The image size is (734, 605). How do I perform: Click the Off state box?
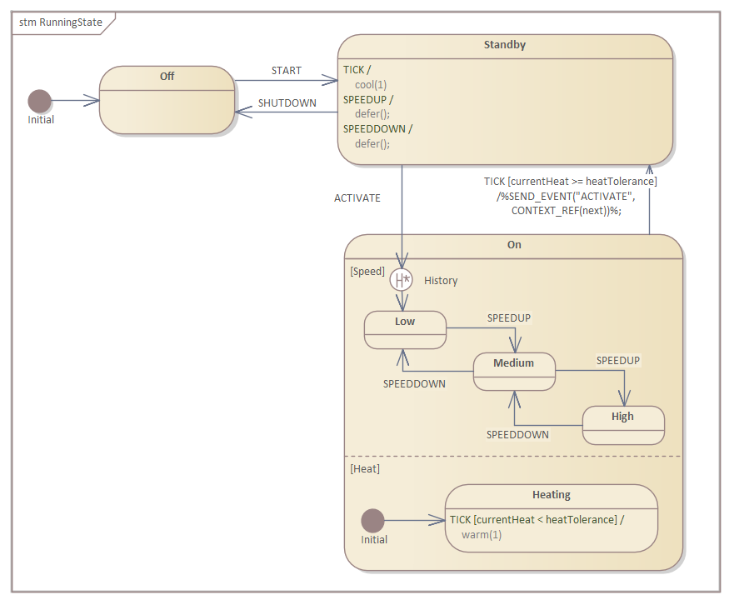[167, 100]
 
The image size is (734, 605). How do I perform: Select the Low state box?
[405, 330]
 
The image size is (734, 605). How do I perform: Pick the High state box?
[622, 425]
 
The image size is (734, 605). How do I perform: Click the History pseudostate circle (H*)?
[402, 280]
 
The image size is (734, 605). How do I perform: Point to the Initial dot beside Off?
[39, 102]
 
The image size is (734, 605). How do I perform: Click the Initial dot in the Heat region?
[372, 521]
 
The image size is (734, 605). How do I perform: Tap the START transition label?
[287, 71]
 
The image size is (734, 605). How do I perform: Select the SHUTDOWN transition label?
[287, 103]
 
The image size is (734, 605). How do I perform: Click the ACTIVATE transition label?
[357, 198]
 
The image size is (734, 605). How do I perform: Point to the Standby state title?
[505, 45]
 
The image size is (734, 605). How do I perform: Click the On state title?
[514, 245]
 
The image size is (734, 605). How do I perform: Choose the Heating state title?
[552, 495]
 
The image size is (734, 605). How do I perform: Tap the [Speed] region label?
[367, 272]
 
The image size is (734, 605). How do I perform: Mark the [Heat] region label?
[365, 469]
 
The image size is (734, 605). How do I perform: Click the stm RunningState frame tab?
[61, 22]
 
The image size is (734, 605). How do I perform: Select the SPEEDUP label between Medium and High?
[618, 361]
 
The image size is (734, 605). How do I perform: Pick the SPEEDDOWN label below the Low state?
[414, 384]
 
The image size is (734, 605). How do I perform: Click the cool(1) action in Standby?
[371, 84]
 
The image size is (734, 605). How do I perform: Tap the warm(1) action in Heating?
[482, 534]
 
